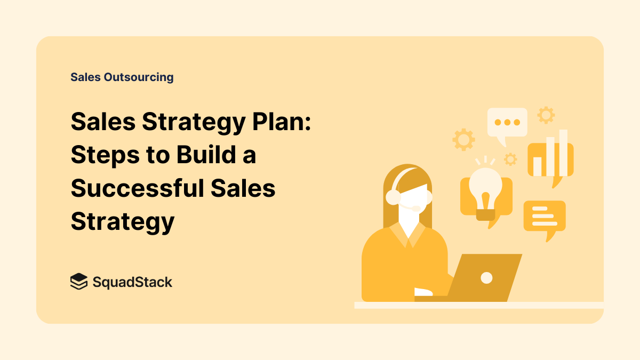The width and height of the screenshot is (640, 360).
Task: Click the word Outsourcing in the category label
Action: click(x=139, y=77)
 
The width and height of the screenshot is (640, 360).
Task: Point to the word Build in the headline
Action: click(x=206, y=155)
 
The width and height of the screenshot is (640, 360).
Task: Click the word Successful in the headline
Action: click(x=138, y=188)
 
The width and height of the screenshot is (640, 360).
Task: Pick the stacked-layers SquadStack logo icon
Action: click(x=79, y=282)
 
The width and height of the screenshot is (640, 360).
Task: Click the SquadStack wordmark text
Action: click(x=132, y=282)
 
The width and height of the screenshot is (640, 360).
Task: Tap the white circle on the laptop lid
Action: click(x=486, y=278)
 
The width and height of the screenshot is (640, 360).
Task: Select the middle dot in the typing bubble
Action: click(x=507, y=122)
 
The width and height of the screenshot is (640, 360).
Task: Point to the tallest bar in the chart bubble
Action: click(x=563, y=153)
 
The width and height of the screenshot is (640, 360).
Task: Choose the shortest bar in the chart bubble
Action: click(x=538, y=166)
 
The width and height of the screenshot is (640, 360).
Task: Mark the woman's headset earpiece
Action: click(x=393, y=197)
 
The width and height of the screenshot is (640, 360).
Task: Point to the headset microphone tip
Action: click(x=417, y=209)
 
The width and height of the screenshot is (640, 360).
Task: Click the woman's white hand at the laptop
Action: click(x=423, y=292)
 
